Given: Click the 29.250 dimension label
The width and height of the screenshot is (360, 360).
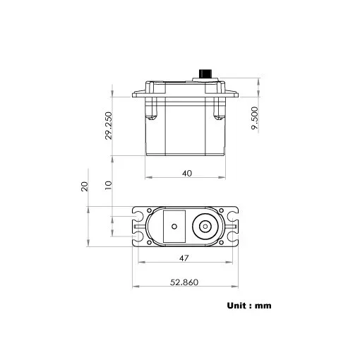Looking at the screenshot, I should [x=109, y=124].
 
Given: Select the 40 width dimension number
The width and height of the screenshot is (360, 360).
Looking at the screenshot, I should [x=186, y=172].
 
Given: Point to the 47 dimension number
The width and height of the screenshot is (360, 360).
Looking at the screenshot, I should [x=184, y=258].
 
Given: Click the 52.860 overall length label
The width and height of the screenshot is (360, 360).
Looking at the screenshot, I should [x=184, y=282].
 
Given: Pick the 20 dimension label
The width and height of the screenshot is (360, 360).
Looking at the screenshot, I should [x=84, y=186].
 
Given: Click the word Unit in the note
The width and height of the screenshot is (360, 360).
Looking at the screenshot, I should [x=237, y=306].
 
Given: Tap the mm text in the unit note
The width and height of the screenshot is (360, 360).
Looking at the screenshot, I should [x=263, y=306].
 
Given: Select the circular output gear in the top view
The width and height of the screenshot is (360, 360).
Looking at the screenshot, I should [x=205, y=226].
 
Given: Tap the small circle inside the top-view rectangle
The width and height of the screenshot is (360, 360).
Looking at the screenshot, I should [x=172, y=227].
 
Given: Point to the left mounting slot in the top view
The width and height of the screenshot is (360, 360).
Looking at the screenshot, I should [x=139, y=226].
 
